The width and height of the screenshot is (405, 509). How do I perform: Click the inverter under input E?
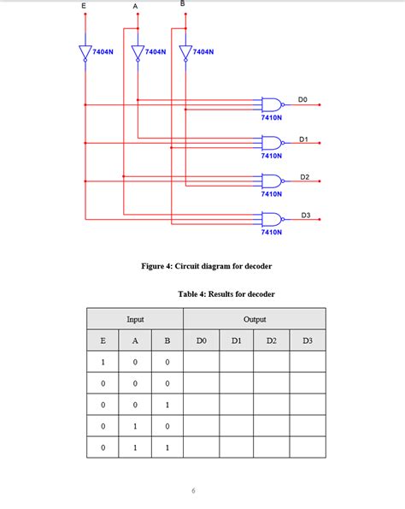[x=85, y=52]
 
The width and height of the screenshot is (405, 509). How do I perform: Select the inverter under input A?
[x=137, y=52]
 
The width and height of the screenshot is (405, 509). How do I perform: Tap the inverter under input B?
[x=185, y=52]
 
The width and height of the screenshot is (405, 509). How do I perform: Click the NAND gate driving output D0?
[x=272, y=104]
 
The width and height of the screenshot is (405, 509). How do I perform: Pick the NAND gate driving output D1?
[x=272, y=143]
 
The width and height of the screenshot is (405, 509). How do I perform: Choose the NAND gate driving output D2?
[x=272, y=181]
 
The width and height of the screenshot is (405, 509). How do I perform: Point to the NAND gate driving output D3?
[x=272, y=218]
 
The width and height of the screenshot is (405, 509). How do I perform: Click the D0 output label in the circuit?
[x=303, y=100]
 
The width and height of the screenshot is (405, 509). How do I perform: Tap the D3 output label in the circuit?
[x=305, y=214]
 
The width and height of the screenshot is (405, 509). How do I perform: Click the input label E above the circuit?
[x=84, y=6]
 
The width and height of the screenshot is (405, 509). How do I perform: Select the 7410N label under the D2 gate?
[x=272, y=194]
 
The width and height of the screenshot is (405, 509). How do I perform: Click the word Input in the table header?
[x=135, y=319]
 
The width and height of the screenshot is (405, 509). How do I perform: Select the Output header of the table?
[x=255, y=319]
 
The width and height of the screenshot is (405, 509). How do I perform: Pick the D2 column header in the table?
[x=272, y=340]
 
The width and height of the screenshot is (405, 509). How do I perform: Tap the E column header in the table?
[x=103, y=340]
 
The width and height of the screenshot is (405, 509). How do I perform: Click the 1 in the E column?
[x=103, y=362]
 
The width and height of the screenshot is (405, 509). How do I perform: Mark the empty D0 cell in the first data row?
[x=201, y=362]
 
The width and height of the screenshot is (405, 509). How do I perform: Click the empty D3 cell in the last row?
[x=308, y=447]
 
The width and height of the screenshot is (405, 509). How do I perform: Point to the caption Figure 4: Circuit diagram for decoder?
[x=207, y=266]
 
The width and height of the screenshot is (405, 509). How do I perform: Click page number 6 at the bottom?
[x=194, y=490]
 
